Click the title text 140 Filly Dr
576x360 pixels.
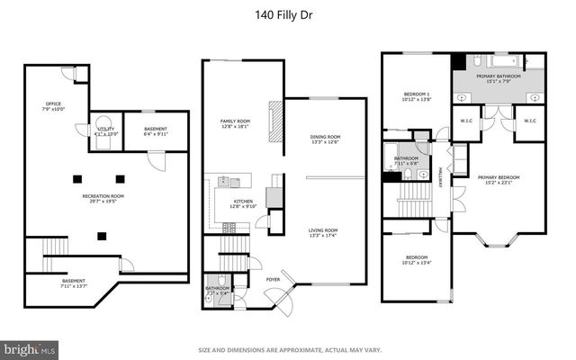click(287, 14)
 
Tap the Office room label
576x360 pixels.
click(53, 107)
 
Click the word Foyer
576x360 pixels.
click(272, 280)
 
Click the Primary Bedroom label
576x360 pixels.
click(499, 180)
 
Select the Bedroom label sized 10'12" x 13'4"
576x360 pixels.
click(415, 261)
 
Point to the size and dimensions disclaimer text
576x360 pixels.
click(287, 350)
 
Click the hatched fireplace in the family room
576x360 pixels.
click(276, 116)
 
